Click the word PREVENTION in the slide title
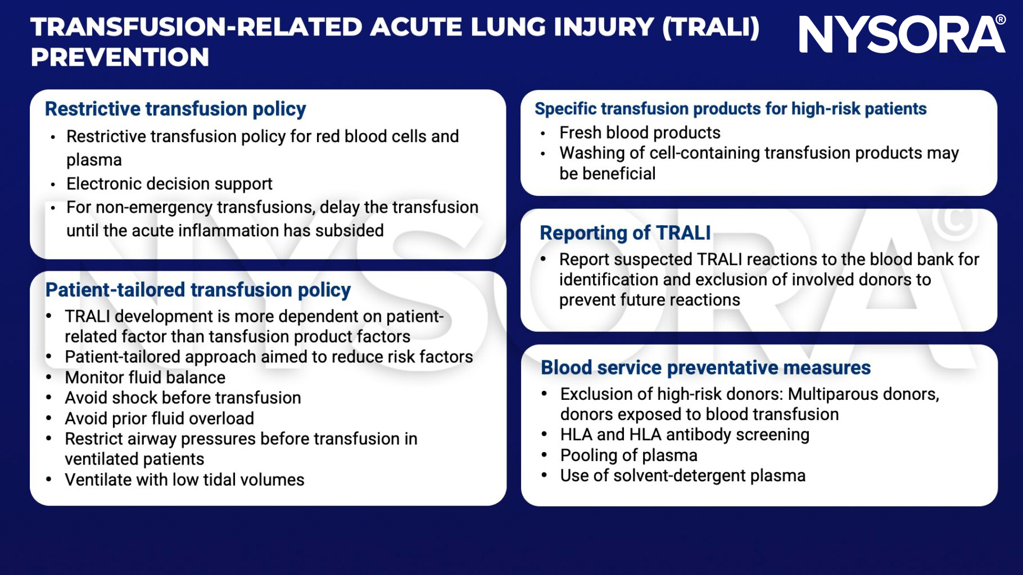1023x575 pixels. coord(120,57)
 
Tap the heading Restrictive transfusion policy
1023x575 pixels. coord(175,109)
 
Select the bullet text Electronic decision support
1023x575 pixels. coord(169,184)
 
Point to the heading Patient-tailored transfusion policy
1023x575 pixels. coord(198,290)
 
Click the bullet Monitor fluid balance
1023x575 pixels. coord(145,377)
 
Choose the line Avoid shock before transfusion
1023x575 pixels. coord(183,398)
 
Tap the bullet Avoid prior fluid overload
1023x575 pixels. coord(159,418)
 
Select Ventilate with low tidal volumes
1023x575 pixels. coord(184,480)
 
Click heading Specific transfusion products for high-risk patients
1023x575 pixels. coord(730,109)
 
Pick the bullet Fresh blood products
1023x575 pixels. coord(640,133)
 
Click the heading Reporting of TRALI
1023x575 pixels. coord(625,233)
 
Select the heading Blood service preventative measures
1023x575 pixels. coord(705,368)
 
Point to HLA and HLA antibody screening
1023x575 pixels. coord(685,435)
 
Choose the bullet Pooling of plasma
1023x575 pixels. coord(628,455)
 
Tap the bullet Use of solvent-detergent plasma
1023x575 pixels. coord(682,476)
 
